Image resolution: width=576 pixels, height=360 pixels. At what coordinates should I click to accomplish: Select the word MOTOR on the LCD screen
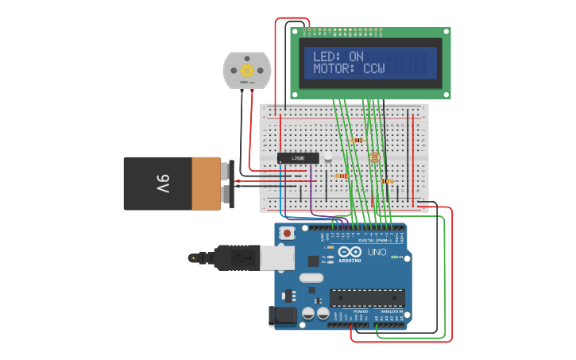coord(332,69)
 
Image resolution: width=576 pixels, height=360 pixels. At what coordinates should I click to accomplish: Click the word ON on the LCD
coord(356,56)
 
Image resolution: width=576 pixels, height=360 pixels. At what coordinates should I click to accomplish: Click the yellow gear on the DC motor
coord(247,71)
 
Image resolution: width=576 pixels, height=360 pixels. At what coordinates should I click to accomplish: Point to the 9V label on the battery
coord(163,184)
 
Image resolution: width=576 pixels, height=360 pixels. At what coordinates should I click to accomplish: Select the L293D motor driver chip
coord(298,158)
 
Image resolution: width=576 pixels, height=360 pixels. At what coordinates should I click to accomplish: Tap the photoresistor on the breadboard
coord(374,157)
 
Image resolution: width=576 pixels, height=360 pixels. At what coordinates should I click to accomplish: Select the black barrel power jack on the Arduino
coord(283,315)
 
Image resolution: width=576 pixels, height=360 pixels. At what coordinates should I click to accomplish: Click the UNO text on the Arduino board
coord(377,252)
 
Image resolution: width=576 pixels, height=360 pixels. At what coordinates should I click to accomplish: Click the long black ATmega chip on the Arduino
coord(367,297)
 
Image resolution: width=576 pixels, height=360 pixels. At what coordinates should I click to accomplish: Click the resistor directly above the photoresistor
coord(358,141)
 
